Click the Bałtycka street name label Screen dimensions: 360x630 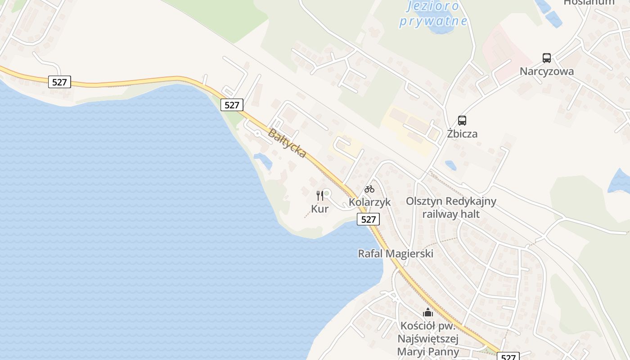(x=287, y=143)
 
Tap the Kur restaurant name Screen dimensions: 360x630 (x=320, y=209)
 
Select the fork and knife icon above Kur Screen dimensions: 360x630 (x=320, y=195)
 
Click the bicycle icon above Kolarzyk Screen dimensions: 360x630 (x=369, y=189)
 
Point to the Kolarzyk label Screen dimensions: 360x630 (x=370, y=202)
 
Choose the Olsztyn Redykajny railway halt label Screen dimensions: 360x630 (x=451, y=207)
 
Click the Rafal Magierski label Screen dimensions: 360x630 (x=396, y=253)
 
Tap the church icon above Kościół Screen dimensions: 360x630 (x=427, y=312)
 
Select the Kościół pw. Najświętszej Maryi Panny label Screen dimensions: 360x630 (x=428, y=338)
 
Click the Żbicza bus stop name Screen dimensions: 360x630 (x=462, y=134)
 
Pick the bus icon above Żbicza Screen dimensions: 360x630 (x=462, y=121)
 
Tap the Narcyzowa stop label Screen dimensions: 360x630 (x=547, y=71)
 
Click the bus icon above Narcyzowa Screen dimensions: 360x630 (x=547, y=58)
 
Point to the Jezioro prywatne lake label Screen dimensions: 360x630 (x=433, y=13)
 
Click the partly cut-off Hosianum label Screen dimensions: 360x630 (x=589, y=2)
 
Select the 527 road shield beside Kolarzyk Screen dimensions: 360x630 (x=369, y=219)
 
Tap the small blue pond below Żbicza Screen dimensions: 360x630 (x=450, y=165)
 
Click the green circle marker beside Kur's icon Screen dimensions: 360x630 (x=327, y=193)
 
